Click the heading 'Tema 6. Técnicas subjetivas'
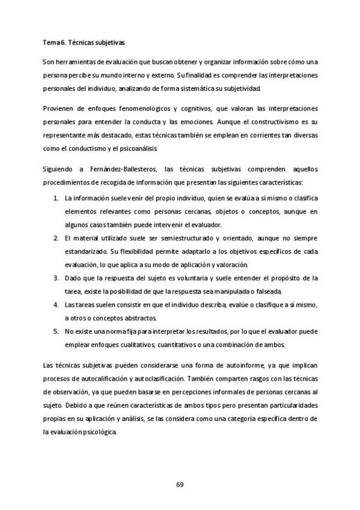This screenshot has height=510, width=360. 84,43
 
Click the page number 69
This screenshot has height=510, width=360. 180,484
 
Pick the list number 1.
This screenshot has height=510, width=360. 55,198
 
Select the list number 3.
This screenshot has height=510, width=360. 55,277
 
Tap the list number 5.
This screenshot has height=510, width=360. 55,331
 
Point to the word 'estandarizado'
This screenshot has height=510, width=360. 87,251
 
